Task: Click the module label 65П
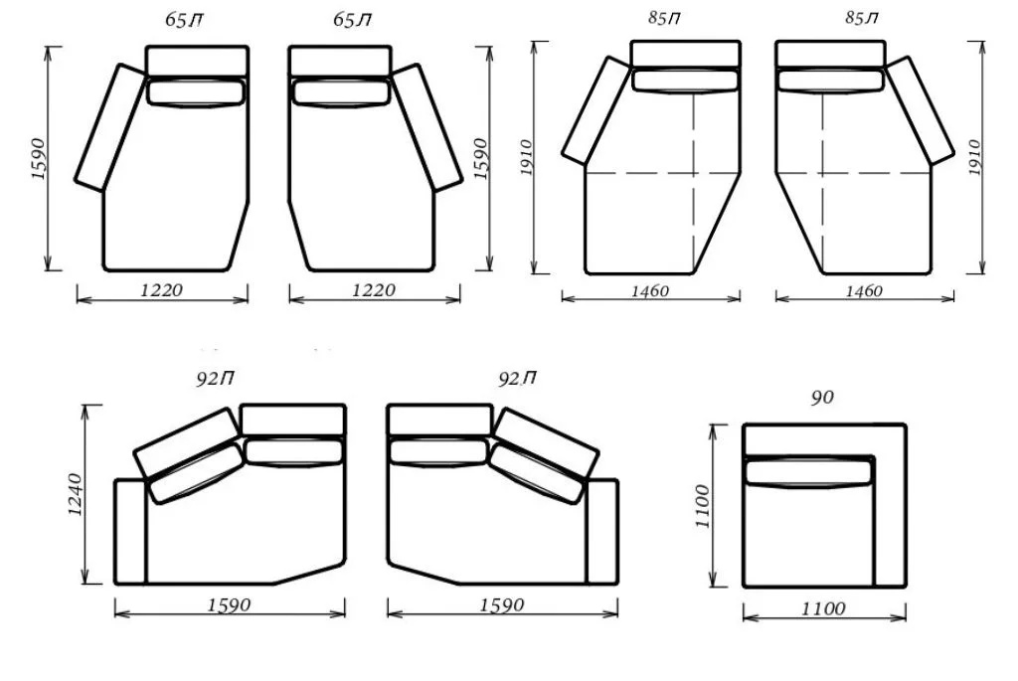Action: click(184, 20)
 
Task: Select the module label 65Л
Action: click(353, 20)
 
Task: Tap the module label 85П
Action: click(665, 18)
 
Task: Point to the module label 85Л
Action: click(862, 18)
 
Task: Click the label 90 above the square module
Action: click(822, 397)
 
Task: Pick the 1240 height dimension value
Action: click(76, 495)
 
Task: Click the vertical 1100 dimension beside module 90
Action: click(703, 506)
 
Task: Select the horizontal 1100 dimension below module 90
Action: click(823, 609)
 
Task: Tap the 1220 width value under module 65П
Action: click(162, 289)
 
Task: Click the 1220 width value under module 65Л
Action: click(374, 289)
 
